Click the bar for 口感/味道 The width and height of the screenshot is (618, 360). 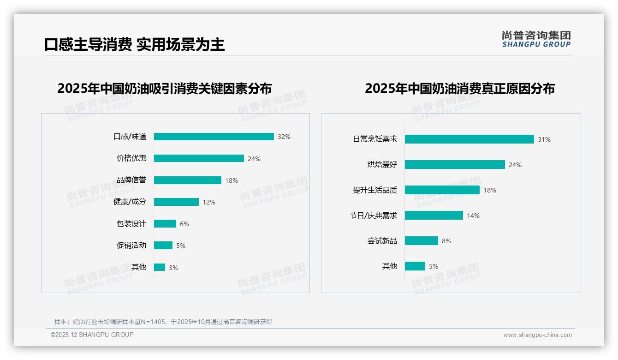(x=214, y=137)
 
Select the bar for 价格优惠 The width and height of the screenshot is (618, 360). (x=199, y=158)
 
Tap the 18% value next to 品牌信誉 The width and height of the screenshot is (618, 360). (x=232, y=180)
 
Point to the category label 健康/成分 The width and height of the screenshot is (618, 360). (x=130, y=202)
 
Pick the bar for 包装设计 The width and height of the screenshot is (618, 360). (x=165, y=224)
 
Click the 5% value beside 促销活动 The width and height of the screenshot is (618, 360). (x=181, y=246)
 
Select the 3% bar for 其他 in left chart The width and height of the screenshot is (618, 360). (x=160, y=267)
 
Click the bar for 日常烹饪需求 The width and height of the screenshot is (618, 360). (x=469, y=139)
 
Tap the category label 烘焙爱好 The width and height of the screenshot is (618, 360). (x=382, y=164)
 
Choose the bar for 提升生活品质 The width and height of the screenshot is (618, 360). (x=442, y=190)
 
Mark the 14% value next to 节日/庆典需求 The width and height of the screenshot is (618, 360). (x=473, y=216)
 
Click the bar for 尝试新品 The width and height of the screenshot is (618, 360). (x=422, y=241)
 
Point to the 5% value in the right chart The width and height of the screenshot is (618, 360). (x=434, y=266)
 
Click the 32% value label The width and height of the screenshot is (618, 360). (x=284, y=137)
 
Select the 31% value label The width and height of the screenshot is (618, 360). (x=544, y=139)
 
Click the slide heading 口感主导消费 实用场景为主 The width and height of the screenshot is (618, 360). (x=134, y=44)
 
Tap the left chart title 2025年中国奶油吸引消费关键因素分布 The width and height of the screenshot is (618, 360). (x=164, y=88)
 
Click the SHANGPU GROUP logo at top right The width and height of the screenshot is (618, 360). (x=536, y=39)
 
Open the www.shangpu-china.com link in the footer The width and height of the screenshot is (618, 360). (x=537, y=335)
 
